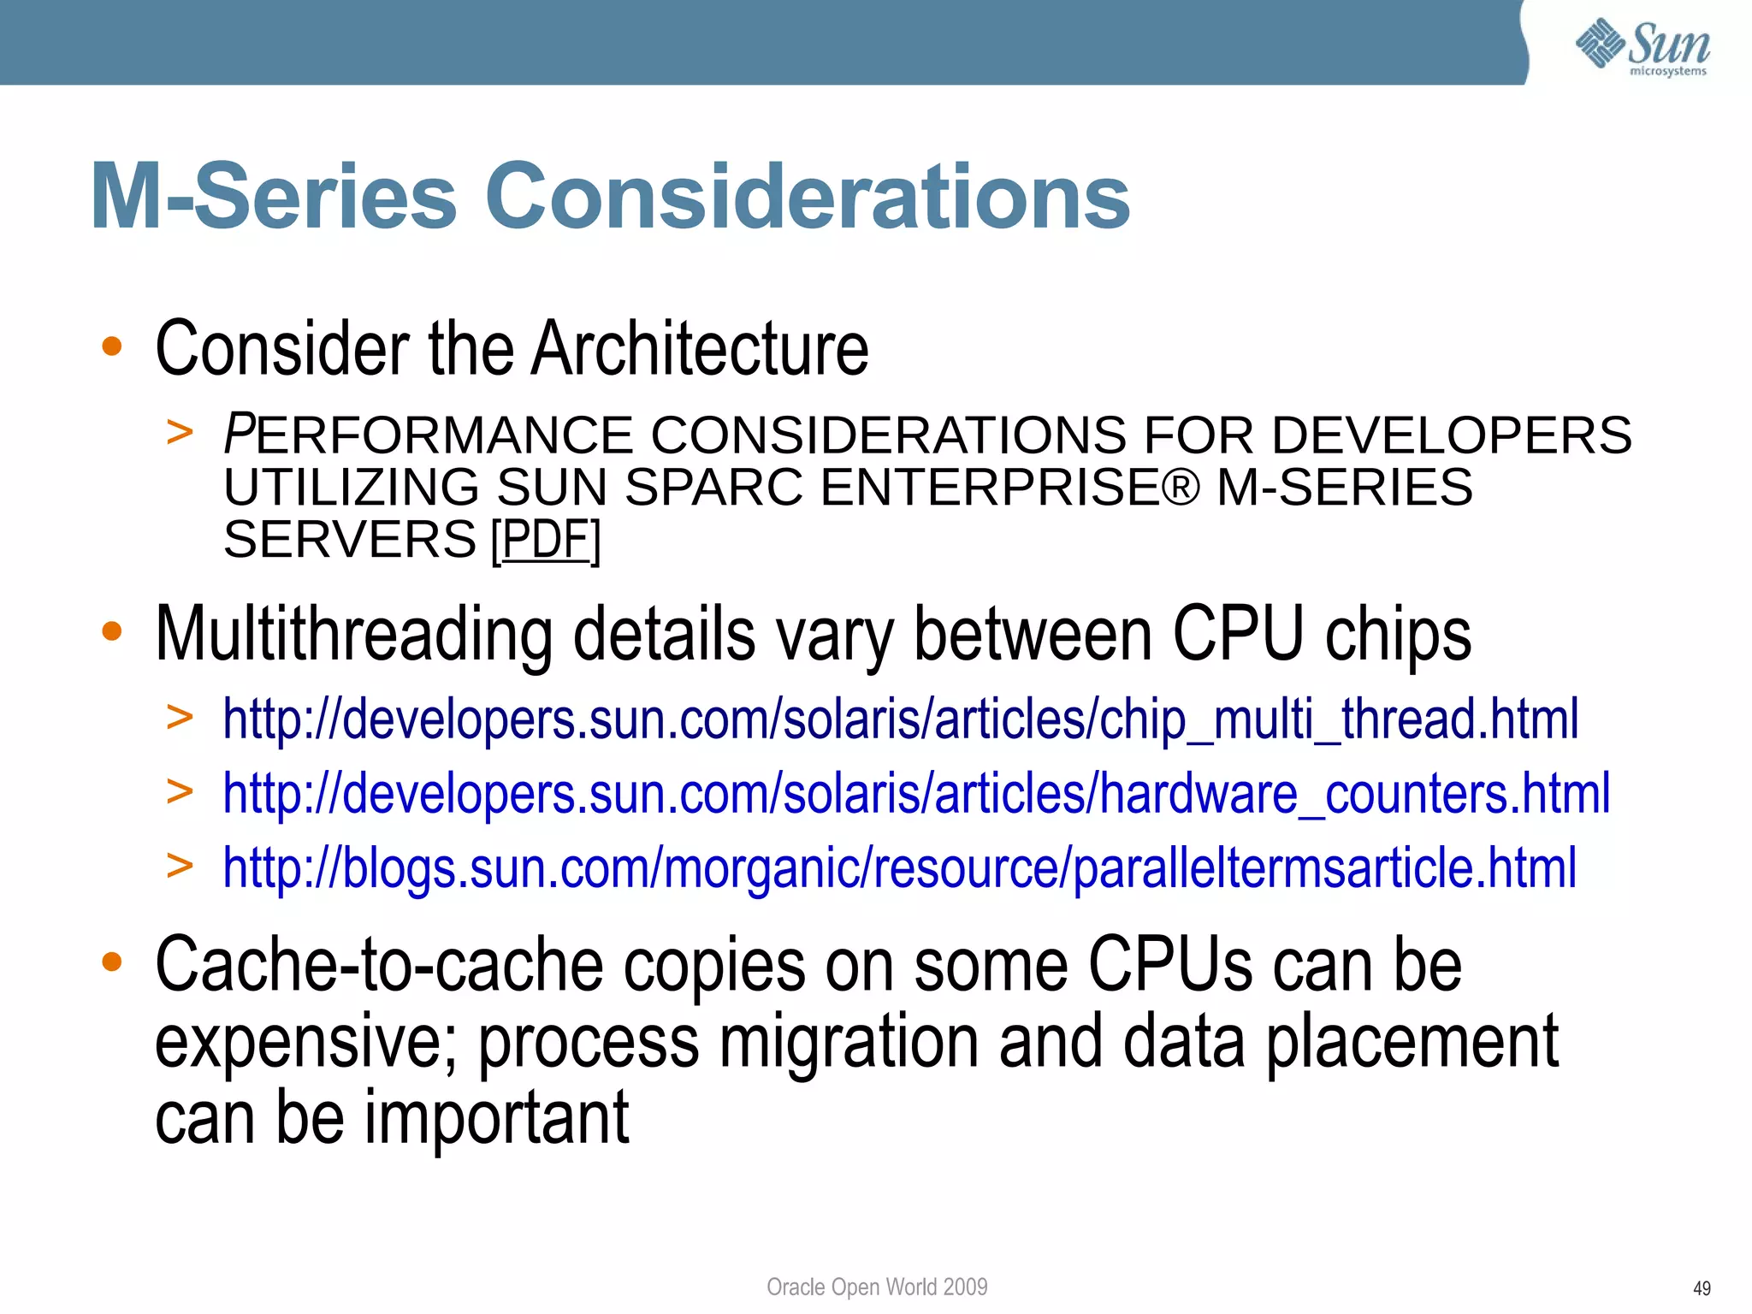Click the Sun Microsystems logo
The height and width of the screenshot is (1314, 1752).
pyautogui.click(x=1642, y=47)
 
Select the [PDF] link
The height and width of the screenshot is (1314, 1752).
pyautogui.click(x=546, y=540)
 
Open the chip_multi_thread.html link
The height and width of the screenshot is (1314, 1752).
pyautogui.click(x=900, y=719)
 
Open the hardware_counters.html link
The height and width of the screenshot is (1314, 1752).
pyautogui.click(x=916, y=793)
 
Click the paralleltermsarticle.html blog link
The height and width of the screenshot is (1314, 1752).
pyautogui.click(x=899, y=867)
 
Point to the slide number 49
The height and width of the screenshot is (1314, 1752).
pyautogui.click(x=1702, y=1288)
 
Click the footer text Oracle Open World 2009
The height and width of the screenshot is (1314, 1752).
pyautogui.click(x=877, y=1287)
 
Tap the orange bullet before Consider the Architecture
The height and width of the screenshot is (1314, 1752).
pyautogui.click(x=112, y=346)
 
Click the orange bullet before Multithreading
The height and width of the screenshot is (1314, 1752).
pyautogui.click(x=112, y=632)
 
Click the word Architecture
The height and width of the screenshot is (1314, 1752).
pyautogui.click(x=699, y=348)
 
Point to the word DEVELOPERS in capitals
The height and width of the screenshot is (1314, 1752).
pyautogui.click(x=1451, y=435)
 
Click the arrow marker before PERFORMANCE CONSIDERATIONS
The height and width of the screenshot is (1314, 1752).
pyautogui.click(x=180, y=432)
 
